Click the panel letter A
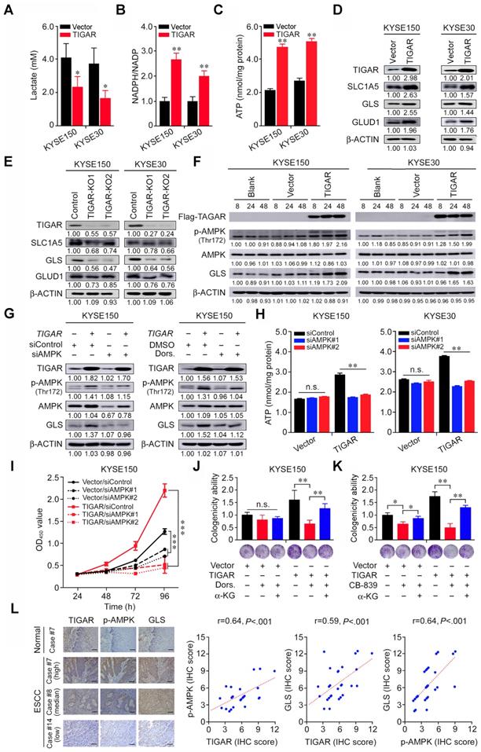click(x=6, y=9)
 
